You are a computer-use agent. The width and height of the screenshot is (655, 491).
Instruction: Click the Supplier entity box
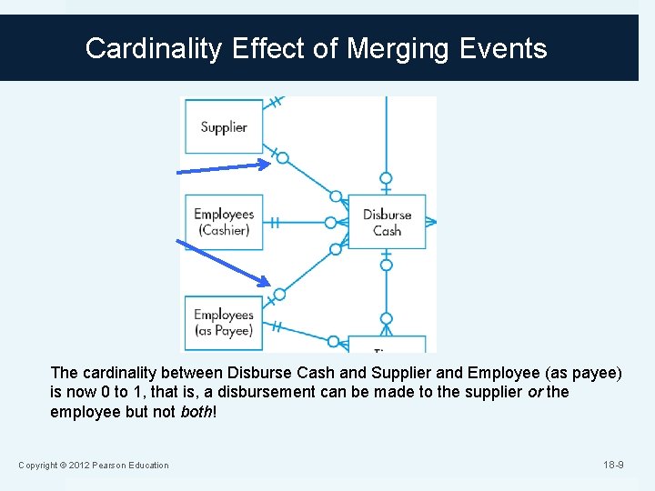tap(223, 126)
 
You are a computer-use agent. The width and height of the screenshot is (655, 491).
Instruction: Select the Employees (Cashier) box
tap(223, 222)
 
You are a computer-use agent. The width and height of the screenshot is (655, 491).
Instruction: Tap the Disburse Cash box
tap(387, 222)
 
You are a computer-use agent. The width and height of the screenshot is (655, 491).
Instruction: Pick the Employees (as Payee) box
tap(223, 323)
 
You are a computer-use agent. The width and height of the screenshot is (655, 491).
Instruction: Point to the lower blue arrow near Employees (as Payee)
tap(222, 262)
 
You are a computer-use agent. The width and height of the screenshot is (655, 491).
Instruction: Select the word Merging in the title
tap(401, 48)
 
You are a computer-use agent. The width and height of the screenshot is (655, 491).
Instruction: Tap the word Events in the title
tap(504, 48)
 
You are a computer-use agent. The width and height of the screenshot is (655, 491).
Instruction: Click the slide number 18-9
tap(613, 466)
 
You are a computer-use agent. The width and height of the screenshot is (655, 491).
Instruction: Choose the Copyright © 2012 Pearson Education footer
tap(94, 466)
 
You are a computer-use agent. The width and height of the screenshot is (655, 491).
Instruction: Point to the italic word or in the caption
tap(535, 392)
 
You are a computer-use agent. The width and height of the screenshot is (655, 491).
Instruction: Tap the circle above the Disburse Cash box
tap(386, 178)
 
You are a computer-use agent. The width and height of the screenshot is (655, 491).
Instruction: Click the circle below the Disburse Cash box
tap(386, 266)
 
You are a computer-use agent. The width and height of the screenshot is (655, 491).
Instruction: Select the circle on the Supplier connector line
tap(282, 158)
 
